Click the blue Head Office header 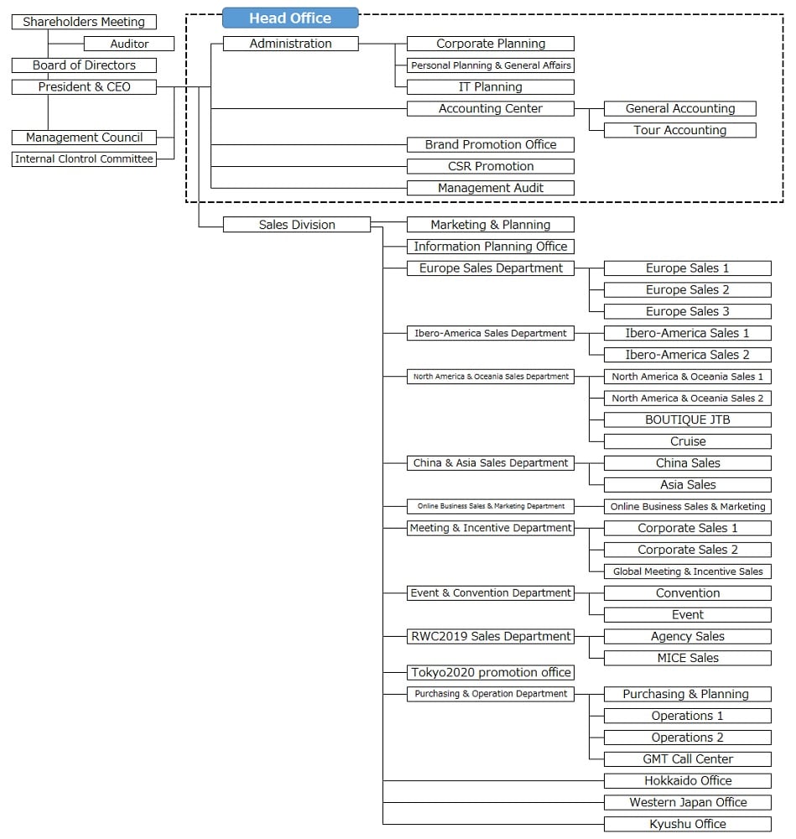tap(290, 18)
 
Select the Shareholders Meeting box tap(84, 22)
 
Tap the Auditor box tap(129, 44)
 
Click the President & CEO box tap(84, 86)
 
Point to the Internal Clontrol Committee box tap(84, 159)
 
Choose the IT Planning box tap(491, 86)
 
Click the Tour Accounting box tap(679, 130)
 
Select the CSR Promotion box tap(491, 166)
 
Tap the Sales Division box tap(297, 225)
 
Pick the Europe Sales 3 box tap(687, 311)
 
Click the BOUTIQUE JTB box tap(687, 419)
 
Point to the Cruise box tap(687, 441)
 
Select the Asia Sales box tap(687, 484)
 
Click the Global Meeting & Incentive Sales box tap(687, 571)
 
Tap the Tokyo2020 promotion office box tap(491, 672)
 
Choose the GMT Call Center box tap(687, 758)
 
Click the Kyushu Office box tap(687, 824)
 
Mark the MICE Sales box tap(687, 658)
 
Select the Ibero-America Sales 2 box tap(687, 355)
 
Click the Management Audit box tap(491, 188)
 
